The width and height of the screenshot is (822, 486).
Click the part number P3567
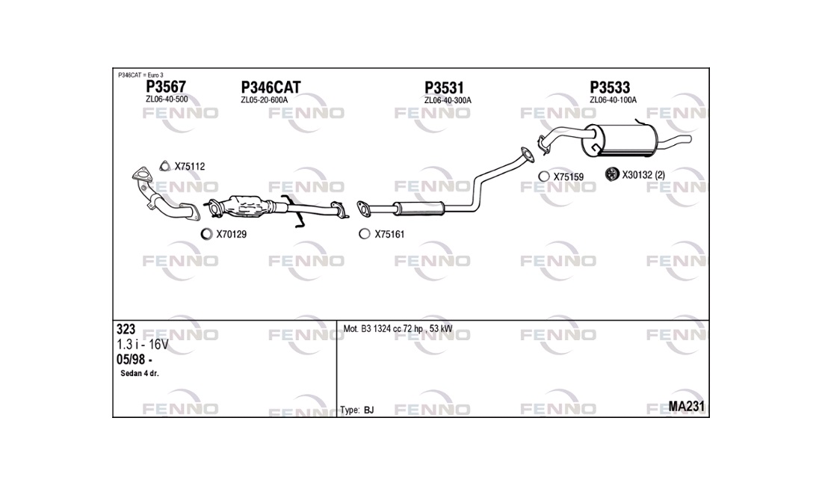166,87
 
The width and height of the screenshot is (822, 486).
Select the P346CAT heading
271,87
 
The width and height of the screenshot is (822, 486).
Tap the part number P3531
444,87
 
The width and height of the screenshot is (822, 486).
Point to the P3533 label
610,87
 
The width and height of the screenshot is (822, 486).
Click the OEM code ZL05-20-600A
265,100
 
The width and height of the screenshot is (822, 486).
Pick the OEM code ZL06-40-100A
613,100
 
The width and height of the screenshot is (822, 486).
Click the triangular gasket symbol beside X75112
164,166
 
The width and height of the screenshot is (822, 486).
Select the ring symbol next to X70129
206,234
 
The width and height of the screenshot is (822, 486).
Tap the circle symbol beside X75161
365,234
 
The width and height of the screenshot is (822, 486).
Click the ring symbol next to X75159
544,176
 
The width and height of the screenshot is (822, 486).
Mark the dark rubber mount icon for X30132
612,174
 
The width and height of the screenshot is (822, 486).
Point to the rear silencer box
620,140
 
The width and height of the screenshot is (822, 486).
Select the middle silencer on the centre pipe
419,208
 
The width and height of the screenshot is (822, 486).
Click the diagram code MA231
686,406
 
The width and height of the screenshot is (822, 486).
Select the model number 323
126,329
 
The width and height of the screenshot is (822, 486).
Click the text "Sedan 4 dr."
140,373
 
